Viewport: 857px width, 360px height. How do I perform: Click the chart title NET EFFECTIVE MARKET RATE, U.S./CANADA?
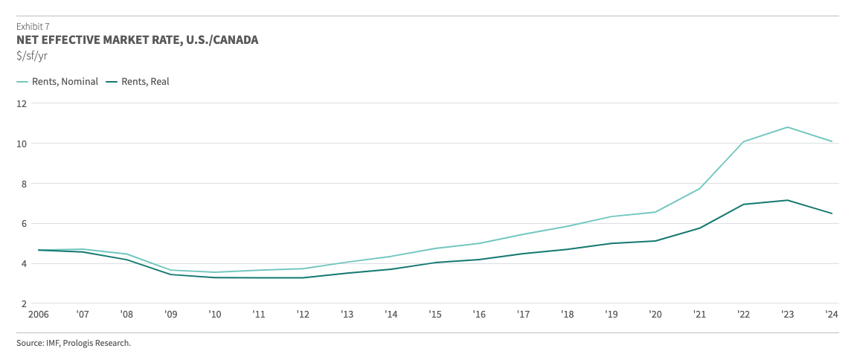pos(138,40)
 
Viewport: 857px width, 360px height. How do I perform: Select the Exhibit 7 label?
pos(33,26)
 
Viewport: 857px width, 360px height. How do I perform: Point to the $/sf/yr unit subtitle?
pos(32,55)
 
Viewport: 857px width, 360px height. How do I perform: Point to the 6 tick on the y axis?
pos(23,224)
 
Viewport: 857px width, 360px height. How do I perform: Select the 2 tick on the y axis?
pos(23,303)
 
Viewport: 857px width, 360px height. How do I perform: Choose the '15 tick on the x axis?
pos(435,315)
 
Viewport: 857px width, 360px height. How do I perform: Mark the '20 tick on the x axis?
pos(655,315)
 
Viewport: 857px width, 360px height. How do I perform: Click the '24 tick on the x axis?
pos(832,315)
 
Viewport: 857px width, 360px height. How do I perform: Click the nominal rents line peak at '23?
pos(787,127)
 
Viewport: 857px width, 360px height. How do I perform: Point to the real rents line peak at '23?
pos(787,200)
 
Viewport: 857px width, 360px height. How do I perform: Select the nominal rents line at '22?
pos(742,142)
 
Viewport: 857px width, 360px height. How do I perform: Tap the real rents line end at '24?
pos(832,213)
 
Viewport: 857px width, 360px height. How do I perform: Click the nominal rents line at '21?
pos(700,188)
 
